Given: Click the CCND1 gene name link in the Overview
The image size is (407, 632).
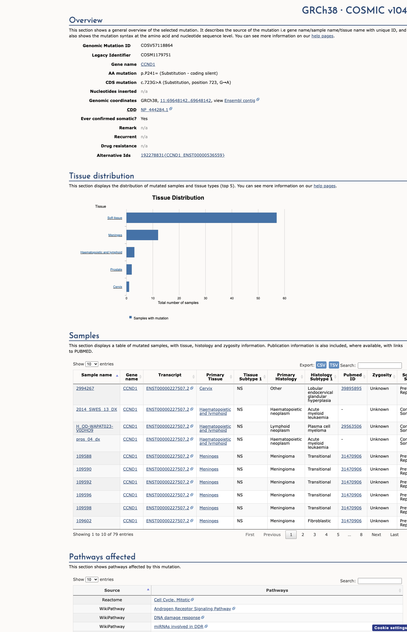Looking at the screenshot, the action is (x=148, y=64).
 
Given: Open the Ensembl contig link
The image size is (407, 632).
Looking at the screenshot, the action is (x=240, y=101).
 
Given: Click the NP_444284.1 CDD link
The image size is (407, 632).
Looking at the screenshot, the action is (x=154, y=110).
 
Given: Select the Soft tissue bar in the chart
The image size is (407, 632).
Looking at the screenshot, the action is (x=201, y=218).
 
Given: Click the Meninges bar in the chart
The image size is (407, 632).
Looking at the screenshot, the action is (x=142, y=235).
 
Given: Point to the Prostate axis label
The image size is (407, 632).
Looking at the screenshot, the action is (x=116, y=269).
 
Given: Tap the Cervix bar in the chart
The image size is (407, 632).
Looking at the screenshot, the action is (x=128, y=287).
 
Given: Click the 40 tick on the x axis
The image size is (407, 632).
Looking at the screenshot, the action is (x=232, y=298).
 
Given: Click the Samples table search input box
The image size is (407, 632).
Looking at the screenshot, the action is (x=380, y=365).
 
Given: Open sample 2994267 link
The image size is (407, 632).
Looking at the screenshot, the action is (x=85, y=388).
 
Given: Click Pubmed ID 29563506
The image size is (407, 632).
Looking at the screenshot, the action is (x=351, y=426).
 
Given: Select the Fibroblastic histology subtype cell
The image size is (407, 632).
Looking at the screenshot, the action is (x=319, y=521).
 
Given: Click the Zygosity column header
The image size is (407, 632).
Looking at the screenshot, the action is (x=382, y=375).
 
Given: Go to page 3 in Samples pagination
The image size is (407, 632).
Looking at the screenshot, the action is (x=314, y=535).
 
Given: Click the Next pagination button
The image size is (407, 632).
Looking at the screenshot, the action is (x=376, y=535).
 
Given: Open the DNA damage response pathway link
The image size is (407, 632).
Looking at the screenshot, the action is (x=177, y=618).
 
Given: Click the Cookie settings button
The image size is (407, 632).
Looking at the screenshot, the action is (x=390, y=628).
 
